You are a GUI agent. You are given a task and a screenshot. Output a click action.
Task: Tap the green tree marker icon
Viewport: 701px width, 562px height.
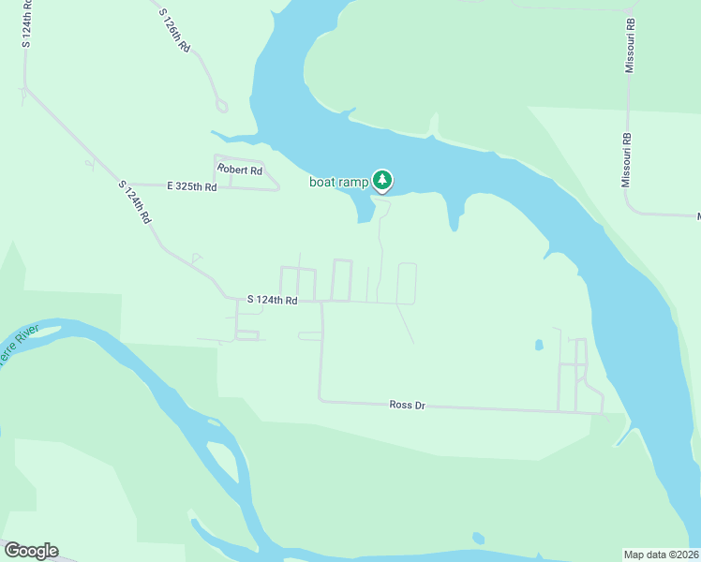click(x=381, y=180)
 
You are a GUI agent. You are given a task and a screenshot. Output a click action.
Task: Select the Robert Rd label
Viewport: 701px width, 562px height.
click(x=240, y=170)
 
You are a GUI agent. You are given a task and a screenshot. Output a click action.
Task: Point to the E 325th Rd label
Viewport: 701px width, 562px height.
click(x=192, y=187)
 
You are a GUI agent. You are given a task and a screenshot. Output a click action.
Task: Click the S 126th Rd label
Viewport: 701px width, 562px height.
click(x=174, y=32)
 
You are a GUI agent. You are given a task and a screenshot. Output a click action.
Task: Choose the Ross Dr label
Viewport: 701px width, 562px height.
click(x=408, y=405)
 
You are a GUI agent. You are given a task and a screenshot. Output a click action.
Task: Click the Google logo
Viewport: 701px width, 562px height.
click(x=31, y=551)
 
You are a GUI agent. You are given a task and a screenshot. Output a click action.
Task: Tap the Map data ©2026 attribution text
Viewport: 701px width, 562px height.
click(x=660, y=555)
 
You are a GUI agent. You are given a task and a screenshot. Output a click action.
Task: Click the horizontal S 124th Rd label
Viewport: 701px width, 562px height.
click(x=272, y=300)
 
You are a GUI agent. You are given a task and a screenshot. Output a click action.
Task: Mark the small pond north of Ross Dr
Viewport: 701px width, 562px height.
click(x=539, y=345)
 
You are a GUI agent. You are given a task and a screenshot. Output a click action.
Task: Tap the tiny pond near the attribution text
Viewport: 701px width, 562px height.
click(x=479, y=538)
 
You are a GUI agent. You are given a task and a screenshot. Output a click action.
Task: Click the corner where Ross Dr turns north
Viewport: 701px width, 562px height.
click(x=321, y=400)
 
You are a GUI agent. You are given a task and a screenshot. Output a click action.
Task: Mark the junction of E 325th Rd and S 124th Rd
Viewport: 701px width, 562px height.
click(x=126, y=185)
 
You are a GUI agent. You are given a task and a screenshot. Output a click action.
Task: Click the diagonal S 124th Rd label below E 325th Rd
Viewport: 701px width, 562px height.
click(x=135, y=200)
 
